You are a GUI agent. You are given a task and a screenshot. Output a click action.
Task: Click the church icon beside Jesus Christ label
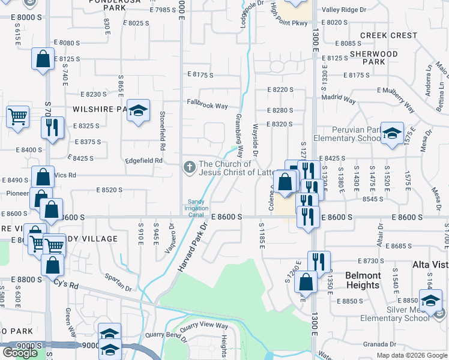click(190, 167)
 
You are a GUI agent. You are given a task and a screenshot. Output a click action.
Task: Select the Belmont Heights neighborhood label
click(363, 281)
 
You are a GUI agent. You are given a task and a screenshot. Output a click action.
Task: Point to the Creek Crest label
click(388, 35)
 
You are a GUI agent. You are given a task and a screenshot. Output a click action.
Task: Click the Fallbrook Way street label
click(207, 106)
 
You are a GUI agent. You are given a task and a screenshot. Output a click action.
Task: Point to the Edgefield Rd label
click(144, 161)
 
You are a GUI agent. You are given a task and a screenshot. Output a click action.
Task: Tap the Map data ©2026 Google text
click(411, 355)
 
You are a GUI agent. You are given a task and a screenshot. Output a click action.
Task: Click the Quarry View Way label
click(204, 326)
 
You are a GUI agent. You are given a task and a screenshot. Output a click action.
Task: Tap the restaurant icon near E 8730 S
click(319, 262)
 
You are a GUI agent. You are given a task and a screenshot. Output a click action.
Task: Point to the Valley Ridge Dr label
click(344, 10)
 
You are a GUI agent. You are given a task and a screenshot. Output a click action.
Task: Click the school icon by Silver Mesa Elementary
click(430, 301)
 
